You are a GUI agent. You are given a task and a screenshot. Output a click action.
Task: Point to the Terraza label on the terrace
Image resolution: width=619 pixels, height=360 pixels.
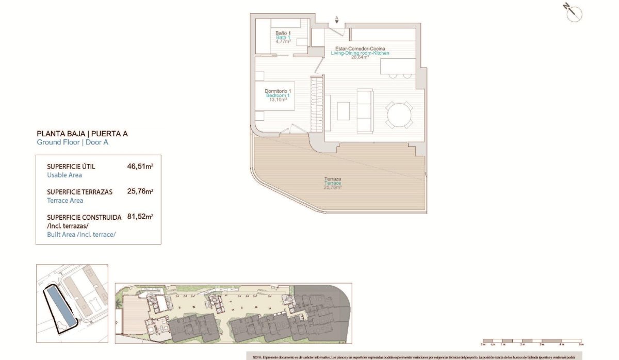click(x=333, y=179)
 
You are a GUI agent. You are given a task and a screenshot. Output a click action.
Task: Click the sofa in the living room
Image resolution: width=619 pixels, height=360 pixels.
click(x=365, y=110)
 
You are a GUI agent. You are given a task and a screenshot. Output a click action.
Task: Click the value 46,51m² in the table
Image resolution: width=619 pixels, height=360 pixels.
click(x=140, y=167)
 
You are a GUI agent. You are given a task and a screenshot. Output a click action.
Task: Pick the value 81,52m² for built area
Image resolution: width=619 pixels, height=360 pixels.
click(x=140, y=217)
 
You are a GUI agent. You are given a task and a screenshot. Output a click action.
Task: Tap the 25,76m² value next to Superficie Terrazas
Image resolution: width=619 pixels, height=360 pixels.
click(x=140, y=191)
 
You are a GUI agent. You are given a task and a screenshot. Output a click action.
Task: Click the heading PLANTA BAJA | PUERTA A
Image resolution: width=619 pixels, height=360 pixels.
click(x=82, y=134)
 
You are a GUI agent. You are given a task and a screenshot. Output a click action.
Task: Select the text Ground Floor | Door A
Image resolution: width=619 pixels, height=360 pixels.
click(x=72, y=142)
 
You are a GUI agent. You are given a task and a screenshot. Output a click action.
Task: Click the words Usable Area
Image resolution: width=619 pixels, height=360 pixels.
click(x=64, y=175)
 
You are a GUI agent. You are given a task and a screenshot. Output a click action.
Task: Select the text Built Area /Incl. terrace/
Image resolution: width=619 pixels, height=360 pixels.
click(x=81, y=234)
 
